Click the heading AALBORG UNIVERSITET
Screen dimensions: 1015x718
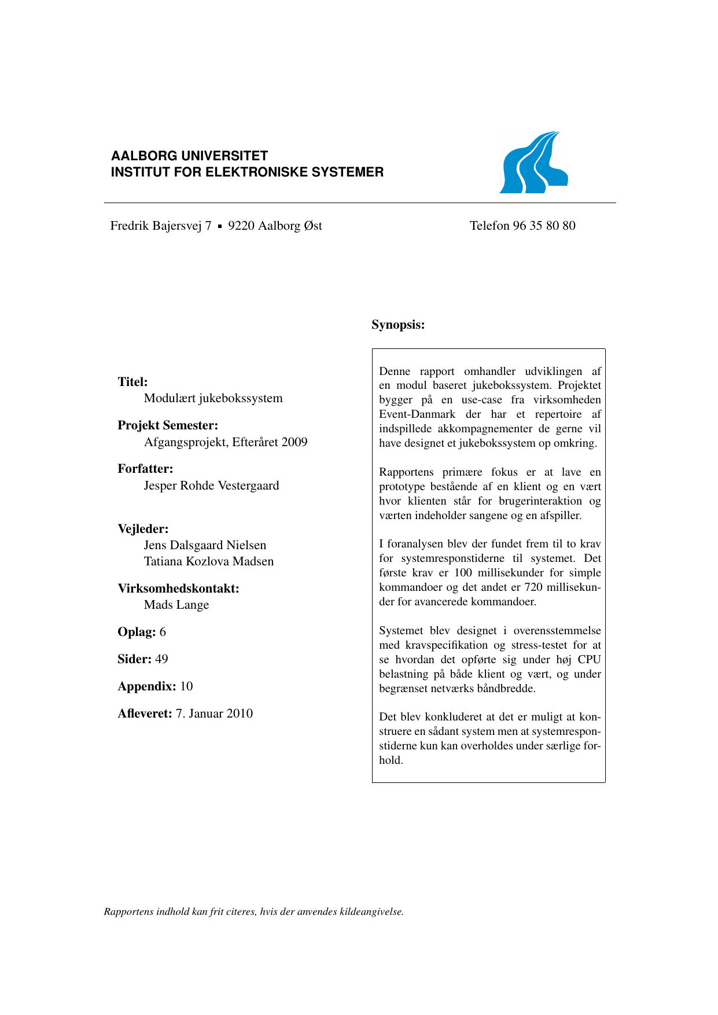click(189, 156)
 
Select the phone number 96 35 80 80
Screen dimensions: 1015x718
click(544, 226)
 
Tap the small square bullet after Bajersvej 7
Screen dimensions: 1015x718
click(220, 227)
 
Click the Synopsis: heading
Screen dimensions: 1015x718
click(398, 325)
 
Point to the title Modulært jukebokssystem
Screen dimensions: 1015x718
click(213, 398)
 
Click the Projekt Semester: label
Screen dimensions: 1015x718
click(168, 425)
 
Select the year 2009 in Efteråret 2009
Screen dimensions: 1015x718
click(294, 442)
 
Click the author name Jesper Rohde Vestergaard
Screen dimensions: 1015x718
click(211, 486)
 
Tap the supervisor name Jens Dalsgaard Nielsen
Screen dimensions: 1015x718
click(205, 545)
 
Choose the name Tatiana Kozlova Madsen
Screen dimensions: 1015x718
click(208, 561)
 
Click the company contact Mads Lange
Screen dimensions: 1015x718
click(176, 605)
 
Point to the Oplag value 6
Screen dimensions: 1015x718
click(163, 632)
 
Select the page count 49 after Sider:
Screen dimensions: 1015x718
click(161, 659)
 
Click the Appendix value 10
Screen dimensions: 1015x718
click(186, 686)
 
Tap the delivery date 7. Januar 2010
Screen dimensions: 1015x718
click(214, 714)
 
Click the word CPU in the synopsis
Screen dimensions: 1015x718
click(589, 660)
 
